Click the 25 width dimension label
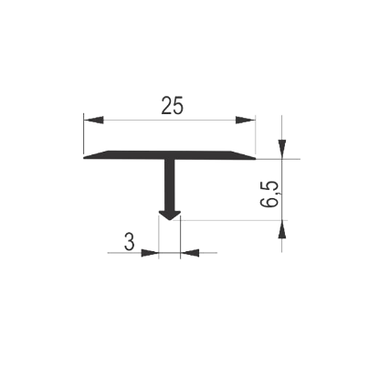pos(173,106)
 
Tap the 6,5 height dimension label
pos(269,194)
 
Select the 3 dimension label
pos(129,242)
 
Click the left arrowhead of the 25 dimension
pos(93,120)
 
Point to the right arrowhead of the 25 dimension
pos(246,120)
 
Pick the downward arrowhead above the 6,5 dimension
pos(282,149)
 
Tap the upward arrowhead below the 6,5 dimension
pos(282,229)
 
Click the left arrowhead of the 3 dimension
pos(150,253)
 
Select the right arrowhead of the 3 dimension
pos(190,253)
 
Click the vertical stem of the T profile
pos(170,184)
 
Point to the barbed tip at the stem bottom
pos(170,216)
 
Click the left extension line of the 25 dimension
pos(83,133)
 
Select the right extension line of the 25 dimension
pos(256,135)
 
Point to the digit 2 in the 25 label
pos(166,106)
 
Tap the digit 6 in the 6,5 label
pos(269,202)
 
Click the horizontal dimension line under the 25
pos(170,120)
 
